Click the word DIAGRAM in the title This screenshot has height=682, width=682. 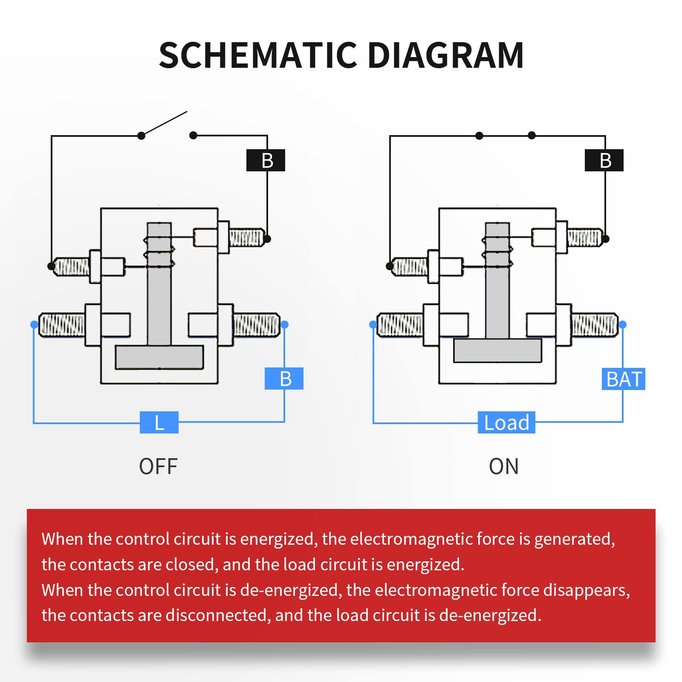click(445, 55)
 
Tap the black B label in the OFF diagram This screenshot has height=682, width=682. click(266, 160)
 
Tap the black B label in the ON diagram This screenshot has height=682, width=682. click(604, 160)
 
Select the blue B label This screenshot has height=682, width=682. click(284, 379)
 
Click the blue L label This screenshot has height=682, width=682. click(159, 422)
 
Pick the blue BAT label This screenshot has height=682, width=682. click(623, 379)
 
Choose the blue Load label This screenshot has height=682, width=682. click(506, 422)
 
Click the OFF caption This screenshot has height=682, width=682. click(158, 466)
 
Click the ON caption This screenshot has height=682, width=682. click(504, 466)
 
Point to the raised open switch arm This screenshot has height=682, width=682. click(164, 124)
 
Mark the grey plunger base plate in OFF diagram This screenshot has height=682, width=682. click(159, 357)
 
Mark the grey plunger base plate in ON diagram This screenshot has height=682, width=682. click(497, 350)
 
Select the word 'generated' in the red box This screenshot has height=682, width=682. click(574, 539)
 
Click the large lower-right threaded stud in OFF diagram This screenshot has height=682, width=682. click(256, 325)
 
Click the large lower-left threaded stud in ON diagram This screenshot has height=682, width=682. click(400, 325)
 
